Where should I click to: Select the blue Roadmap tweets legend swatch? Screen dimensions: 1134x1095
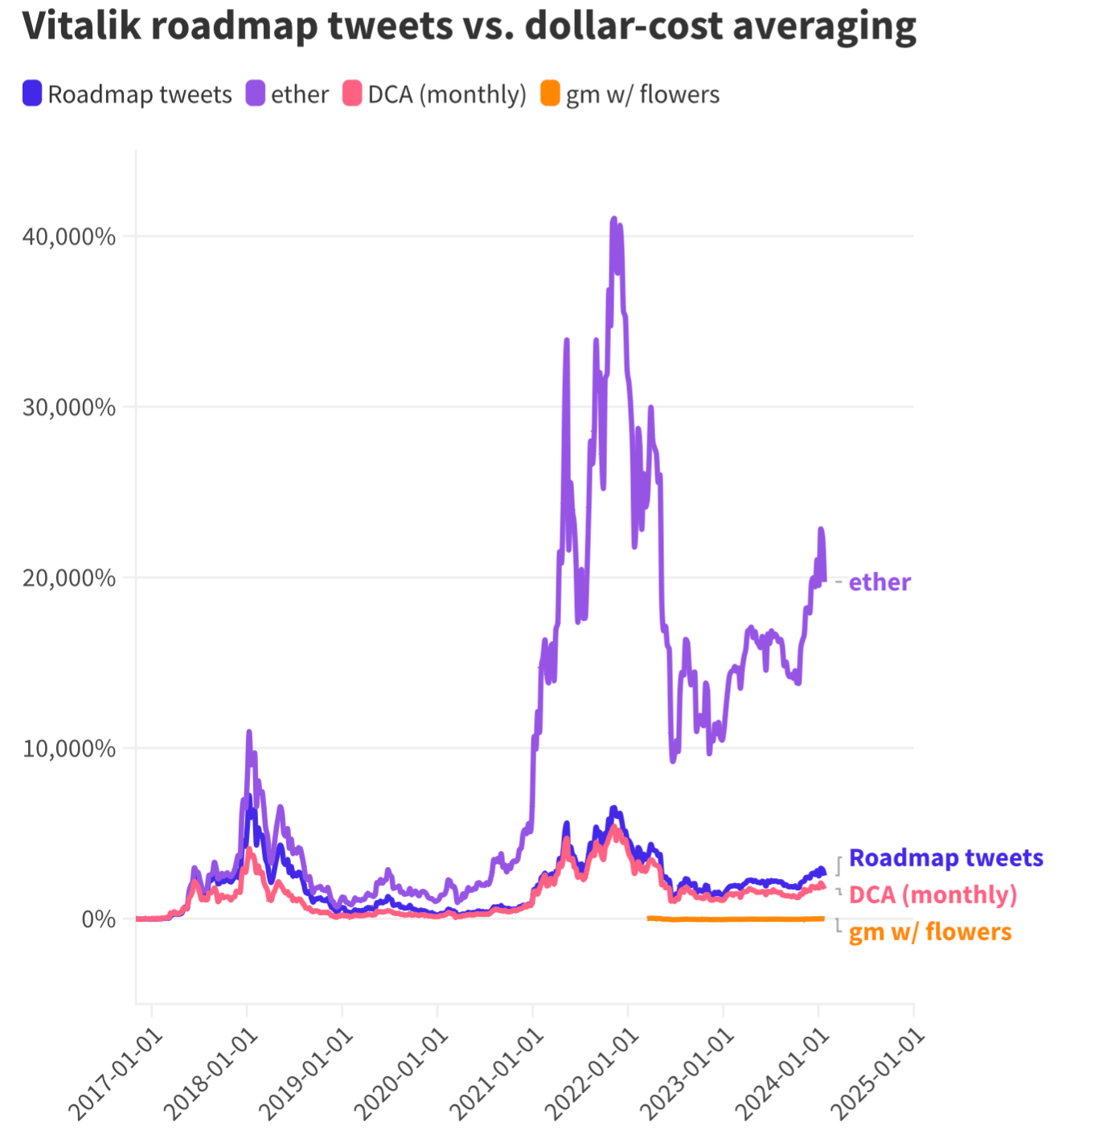tap(32, 94)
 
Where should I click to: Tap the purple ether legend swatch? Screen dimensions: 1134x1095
tap(256, 94)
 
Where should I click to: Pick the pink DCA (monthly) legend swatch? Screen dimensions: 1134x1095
tap(352, 94)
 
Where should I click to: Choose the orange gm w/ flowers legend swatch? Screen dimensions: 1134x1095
tap(550, 94)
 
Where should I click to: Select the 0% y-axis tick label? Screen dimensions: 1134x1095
tap(98, 919)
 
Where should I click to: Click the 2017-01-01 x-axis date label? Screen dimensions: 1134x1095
tap(116, 1074)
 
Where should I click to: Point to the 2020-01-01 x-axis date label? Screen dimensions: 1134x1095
tap(402, 1074)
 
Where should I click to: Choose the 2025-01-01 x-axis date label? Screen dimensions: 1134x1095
tap(878, 1074)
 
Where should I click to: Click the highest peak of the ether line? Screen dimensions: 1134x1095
tap(614, 219)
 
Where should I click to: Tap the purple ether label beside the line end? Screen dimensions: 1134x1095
tap(880, 582)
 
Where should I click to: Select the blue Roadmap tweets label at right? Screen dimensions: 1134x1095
tap(945, 858)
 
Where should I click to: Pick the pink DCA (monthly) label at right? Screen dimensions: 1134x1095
tap(933, 895)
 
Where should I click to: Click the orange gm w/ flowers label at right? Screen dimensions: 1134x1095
tap(930, 932)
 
